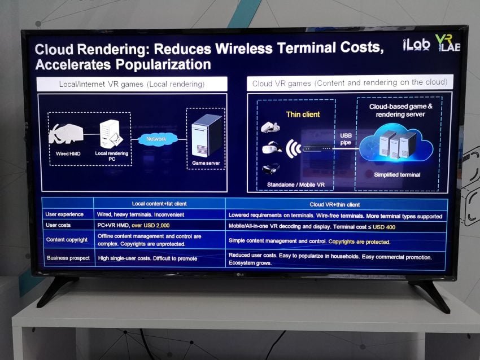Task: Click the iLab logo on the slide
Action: tap(416, 45)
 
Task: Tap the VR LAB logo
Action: tap(448, 42)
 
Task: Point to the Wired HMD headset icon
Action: tap(66, 133)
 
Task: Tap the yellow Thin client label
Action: tap(303, 115)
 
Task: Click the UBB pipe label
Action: tap(346, 139)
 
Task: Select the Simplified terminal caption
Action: tap(397, 175)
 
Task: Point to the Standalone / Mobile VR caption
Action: tap(296, 185)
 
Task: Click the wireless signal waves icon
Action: tap(293, 149)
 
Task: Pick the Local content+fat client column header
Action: tap(159, 204)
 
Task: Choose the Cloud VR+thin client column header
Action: tap(335, 204)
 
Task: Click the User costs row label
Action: tap(58, 225)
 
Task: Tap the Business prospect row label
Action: tap(68, 258)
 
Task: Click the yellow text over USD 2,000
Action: tap(151, 225)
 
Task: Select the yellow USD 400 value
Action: tap(384, 227)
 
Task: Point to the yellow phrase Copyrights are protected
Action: tap(359, 242)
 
